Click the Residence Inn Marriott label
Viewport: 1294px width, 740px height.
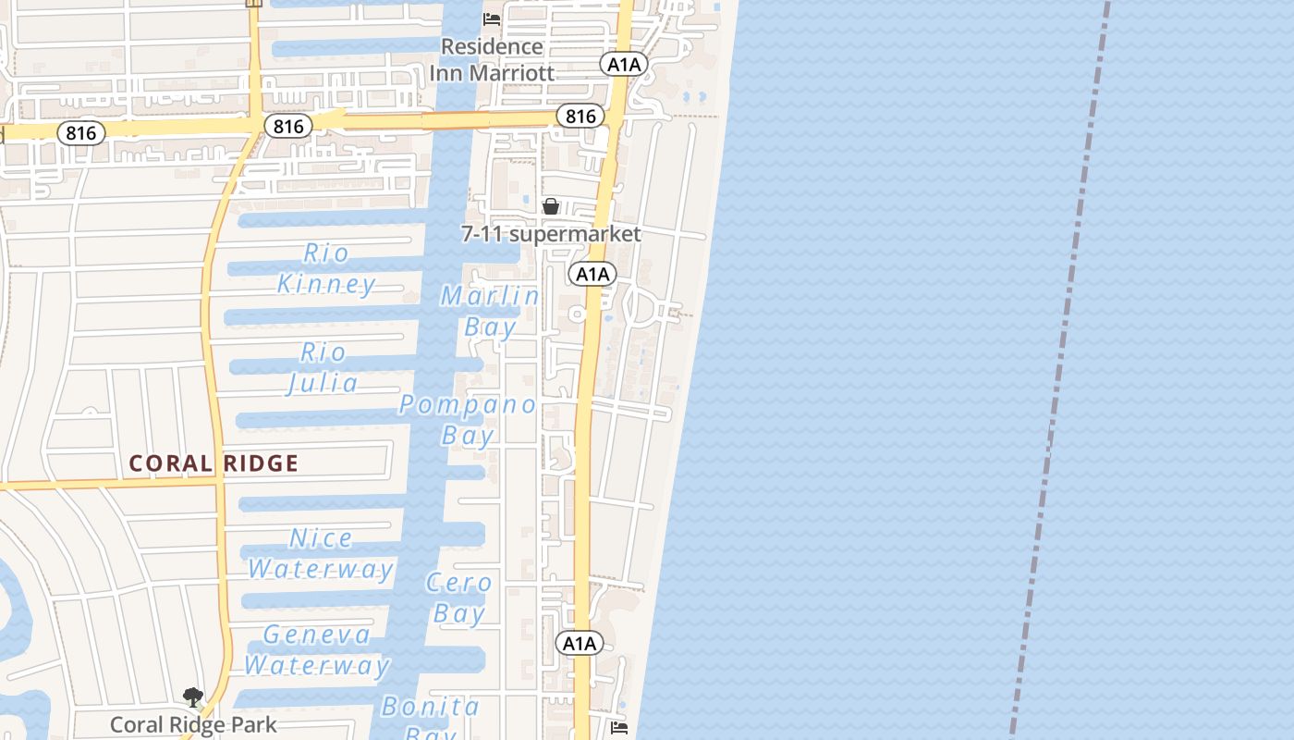pyautogui.click(x=492, y=59)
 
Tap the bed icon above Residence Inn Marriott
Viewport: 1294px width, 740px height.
pyautogui.click(x=492, y=18)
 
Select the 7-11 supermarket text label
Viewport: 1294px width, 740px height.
pyautogui.click(x=551, y=234)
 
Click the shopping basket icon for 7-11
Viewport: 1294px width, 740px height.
pyautogui.click(x=551, y=206)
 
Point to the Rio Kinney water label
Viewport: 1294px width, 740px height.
pyautogui.click(x=327, y=268)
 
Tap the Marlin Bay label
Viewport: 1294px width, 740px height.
pyautogui.click(x=490, y=311)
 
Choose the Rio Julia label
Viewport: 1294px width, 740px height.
pyautogui.click(x=323, y=367)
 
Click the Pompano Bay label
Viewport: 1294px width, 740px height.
pyautogui.click(x=468, y=419)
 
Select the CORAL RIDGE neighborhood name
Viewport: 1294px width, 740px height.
pyautogui.click(x=214, y=463)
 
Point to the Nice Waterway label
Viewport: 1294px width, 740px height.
pyautogui.click(x=321, y=553)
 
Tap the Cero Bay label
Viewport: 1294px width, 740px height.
pyautogui.click(x=459, y=598)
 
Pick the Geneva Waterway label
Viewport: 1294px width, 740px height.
pyautogui.click(x=317, y=649)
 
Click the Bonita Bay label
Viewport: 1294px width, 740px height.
pyautogui.click(x=431, y=717)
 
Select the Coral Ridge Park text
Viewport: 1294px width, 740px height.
pyautogui.click(x=193, y=724)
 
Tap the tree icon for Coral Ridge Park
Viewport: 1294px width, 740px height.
pyautogui.click(x=193, y=697)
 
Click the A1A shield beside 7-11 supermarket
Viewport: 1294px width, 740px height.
pyautogui.click(x=592, y=274)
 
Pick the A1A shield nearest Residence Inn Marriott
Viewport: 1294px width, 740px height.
pyautogui.click(x=624, y=64)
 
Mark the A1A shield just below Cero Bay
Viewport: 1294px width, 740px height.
pyautogui.click(x=580, y=643)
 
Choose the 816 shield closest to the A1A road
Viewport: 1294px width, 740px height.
pyautogui.click(x=580, y=116)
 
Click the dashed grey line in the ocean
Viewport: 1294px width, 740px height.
pyautogui.click(x=1062, y=370)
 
